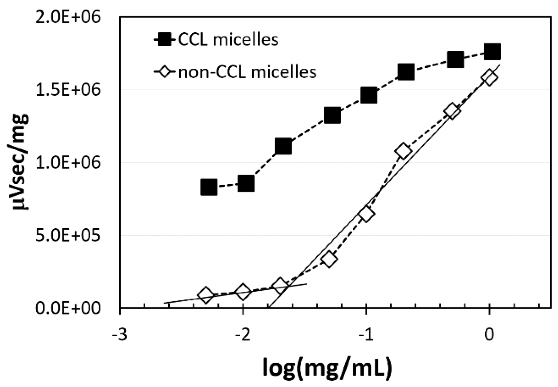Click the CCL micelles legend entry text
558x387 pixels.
[228, 40]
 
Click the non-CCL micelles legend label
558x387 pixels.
[247, 72]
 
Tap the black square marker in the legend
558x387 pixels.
[165, 40]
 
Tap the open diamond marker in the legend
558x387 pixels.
[165, 72]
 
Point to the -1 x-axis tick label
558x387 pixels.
[365, 335]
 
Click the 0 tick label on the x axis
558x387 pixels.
[489, 335]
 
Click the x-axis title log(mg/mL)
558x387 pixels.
[327, 367]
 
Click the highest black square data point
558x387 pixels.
[492, 52]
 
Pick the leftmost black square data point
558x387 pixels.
[209, 187]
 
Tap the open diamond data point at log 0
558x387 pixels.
[489, 77]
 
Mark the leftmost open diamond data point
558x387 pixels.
[206, 295]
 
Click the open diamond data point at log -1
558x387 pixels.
[366, 214]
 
